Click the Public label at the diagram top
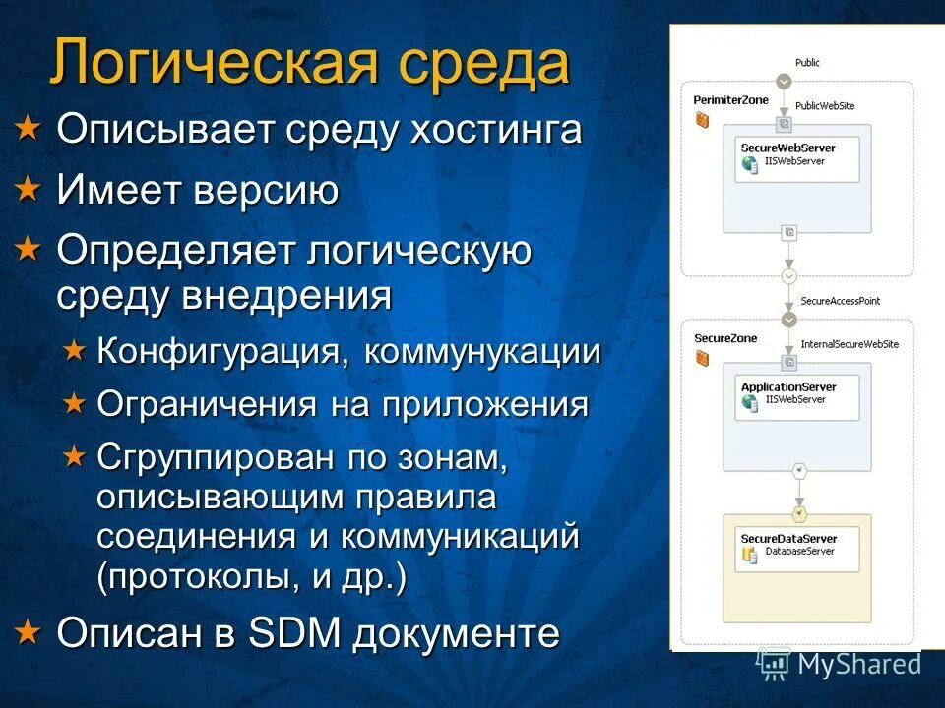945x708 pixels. [807, 63]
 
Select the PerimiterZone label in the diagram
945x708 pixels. [730, 100]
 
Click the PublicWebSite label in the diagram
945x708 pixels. [825, 105]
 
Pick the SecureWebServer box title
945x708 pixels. [787, 147]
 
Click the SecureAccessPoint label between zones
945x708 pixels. [840, 301]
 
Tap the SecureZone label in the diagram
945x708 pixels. [725, 338]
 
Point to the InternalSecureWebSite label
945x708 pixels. [850, 344]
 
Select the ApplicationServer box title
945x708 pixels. [788, 386]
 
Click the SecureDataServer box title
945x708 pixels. [788, 539]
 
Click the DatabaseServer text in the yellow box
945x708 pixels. [799, 552]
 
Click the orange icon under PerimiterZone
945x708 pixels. [702, 121]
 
